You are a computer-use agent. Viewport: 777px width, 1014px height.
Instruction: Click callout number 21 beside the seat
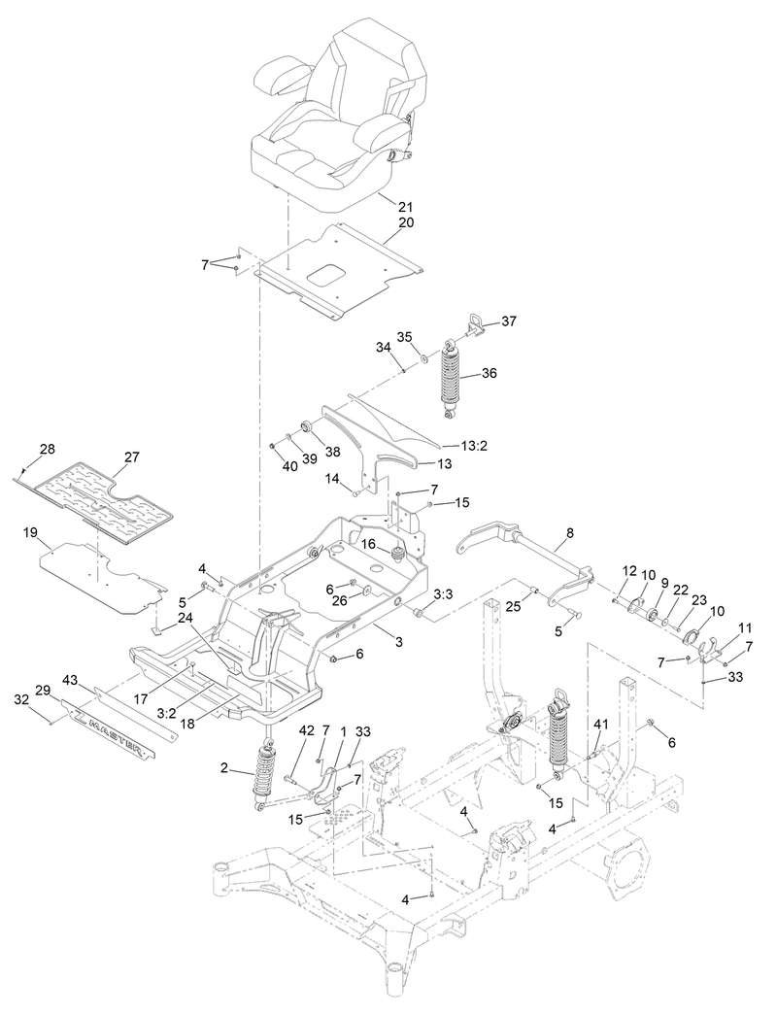[405, 207]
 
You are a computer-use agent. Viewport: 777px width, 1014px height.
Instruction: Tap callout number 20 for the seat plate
[405, 222]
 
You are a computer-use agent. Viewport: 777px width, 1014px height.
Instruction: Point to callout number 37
[509, 321]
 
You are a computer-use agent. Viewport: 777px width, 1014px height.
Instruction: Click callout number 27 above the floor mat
[133, 456]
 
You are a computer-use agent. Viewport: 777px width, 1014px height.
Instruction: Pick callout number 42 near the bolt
[306, 729]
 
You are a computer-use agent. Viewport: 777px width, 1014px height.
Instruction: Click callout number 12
[628, 571]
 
